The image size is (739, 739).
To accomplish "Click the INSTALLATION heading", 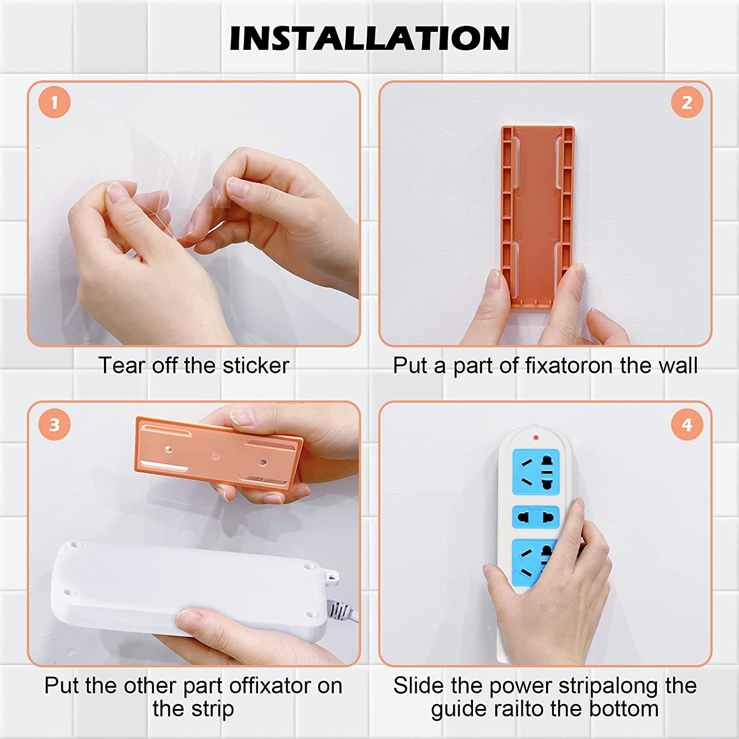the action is (x=369, y=38).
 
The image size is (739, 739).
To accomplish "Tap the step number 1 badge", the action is (x=54, y=102).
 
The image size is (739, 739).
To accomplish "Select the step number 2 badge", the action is (x=687, y=102).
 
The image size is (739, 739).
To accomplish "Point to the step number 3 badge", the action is (x=54, y=425).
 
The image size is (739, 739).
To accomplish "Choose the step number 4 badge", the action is (x=687, y=425).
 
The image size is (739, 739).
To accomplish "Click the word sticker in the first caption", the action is (x=256, y=366).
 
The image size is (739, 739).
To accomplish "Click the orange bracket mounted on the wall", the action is (x=538, y=217).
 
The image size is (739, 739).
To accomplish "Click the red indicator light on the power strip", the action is (x=536, y=437).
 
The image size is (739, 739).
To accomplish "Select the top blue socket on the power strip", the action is (x=536, y=471).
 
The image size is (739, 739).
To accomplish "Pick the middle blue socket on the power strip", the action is (x=536, y=517).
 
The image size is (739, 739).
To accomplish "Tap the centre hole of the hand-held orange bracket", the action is (x=215, y=455).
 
